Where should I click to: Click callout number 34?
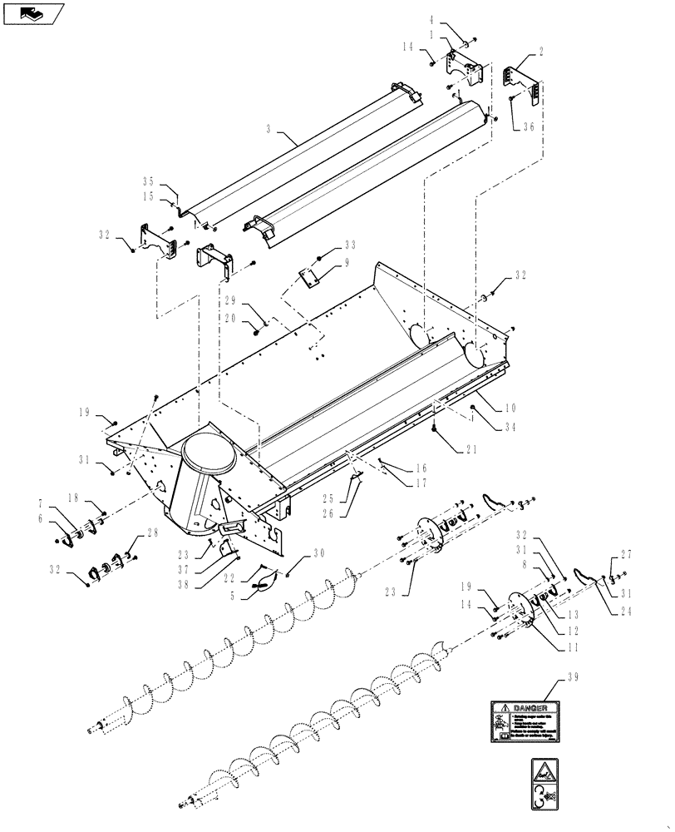tap(510, 428)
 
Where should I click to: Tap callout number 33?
tap(349, 245)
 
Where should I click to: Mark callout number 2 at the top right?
tap(541, 51)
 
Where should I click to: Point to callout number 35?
tap(149, 181)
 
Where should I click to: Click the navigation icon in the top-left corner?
tap(33, 12)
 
